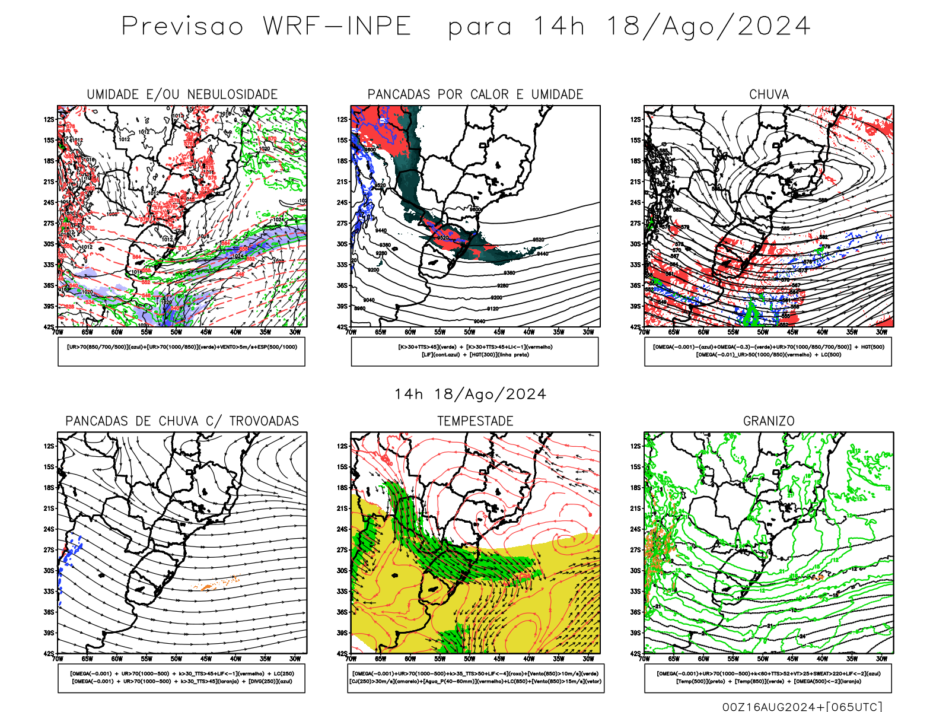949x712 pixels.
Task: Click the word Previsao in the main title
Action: [182, 27]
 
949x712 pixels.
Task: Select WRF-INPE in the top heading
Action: [337, 27]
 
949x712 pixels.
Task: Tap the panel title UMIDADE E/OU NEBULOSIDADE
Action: [182, 94]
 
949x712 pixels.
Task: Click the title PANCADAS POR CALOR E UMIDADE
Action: [475, 94]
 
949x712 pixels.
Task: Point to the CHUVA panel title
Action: [769, 94]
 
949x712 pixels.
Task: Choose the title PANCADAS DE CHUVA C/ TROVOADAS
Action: [182, 421]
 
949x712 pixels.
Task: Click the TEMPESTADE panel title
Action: [475, 421]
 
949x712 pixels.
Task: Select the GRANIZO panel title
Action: [769, 421]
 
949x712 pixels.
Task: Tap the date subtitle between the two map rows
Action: [470, 395]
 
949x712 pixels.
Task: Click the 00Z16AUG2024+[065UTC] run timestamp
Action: [802, 706]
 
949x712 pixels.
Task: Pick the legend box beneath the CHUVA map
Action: [768, 351]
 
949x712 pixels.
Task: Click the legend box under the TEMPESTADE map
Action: [475, 678]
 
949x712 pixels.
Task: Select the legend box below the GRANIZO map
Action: [768, 678]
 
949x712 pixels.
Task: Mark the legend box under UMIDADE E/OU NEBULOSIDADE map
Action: [181, 351]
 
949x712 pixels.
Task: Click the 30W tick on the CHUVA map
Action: [882, 332]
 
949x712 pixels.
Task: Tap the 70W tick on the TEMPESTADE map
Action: [351, 659]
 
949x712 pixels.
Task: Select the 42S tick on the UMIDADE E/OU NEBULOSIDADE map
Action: [49, 327]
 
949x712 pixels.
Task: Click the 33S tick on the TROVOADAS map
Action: [49, 592]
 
